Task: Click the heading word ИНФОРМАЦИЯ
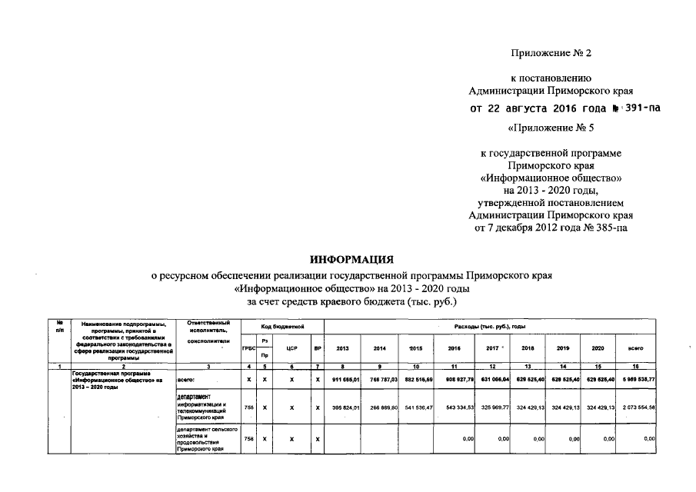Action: point(351,259)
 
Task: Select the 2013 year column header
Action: point(343,347)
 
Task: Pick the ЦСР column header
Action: point(291,348)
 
